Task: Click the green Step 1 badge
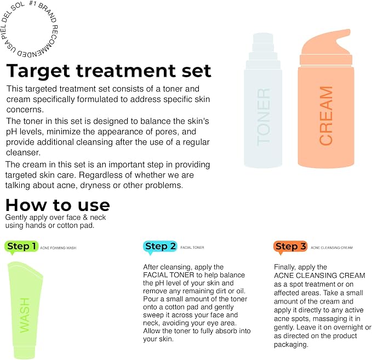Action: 21,247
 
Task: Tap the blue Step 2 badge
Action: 160,247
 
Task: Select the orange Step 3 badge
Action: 290,247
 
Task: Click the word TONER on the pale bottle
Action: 264,117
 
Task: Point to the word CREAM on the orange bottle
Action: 326,116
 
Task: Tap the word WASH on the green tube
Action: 25,316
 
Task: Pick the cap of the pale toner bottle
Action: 263,51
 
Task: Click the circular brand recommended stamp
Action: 29,30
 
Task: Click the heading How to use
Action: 58,205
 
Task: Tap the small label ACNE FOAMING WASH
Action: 58,248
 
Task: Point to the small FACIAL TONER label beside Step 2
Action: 192,248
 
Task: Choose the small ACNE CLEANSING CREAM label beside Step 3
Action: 331,248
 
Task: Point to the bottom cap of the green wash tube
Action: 25,352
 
